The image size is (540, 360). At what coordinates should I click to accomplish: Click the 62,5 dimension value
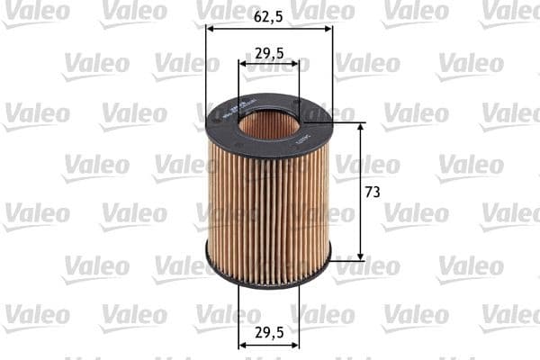269,15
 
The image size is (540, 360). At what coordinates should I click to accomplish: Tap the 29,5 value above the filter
269,53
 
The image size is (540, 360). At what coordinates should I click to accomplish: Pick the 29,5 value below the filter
269,332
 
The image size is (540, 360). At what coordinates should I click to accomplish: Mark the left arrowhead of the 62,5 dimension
211,28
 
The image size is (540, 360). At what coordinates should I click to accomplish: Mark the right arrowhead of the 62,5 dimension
328,28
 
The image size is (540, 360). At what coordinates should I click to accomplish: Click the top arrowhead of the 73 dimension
362,127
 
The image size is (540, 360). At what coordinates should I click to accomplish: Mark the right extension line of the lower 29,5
300,315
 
